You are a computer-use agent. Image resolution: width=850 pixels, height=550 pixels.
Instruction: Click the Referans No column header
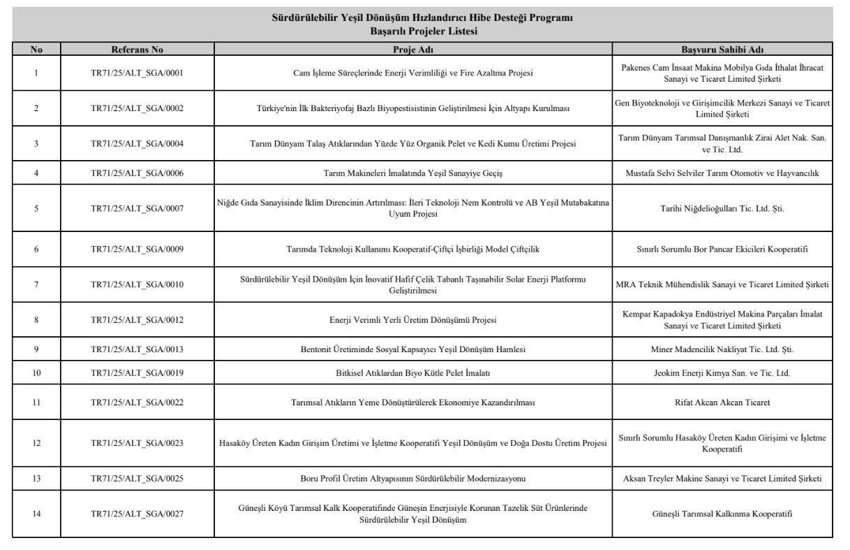coord(137,50)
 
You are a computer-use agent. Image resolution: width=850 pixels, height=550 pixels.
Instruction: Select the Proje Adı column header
coord(413,50)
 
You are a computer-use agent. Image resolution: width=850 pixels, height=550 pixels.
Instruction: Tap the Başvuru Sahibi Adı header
coord(722,50)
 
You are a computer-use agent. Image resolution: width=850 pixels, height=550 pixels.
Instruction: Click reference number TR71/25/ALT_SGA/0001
coord(137,73)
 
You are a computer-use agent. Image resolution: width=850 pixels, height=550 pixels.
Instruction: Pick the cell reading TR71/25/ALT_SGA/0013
coord(137,349)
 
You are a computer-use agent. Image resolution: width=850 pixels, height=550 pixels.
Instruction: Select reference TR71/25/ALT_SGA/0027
coord(137,514)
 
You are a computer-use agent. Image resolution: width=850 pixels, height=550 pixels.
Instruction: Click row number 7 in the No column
coord(36,284)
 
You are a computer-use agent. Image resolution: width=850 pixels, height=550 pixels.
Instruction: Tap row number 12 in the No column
coord(36,443)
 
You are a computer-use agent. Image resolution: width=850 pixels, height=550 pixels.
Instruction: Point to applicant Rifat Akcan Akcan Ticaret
coord(722,402)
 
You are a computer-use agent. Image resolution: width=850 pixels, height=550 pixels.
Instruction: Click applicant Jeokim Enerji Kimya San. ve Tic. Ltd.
coord(722,373)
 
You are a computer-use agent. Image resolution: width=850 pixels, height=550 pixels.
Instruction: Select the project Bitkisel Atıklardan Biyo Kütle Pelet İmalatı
coord(413,373)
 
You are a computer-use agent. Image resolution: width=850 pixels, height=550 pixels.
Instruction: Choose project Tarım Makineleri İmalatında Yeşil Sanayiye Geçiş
coord(413,173)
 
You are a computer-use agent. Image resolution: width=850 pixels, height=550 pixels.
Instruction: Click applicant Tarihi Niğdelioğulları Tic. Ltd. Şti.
coord(722,208)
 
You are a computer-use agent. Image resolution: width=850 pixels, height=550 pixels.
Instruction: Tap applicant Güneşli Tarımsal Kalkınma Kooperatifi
coord(722,514)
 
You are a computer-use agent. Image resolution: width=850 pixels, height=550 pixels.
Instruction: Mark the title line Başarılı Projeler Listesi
coord(424,31)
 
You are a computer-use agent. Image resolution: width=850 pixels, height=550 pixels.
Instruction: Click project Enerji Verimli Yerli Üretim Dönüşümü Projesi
coord(413,320)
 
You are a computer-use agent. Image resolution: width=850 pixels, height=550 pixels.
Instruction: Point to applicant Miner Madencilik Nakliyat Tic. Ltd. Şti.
coord(722,349)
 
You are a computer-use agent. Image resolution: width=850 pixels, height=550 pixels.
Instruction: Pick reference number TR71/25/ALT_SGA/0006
coord(137,173)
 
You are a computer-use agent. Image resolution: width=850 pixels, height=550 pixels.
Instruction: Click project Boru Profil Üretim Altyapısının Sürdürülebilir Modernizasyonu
coord(413,479)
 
